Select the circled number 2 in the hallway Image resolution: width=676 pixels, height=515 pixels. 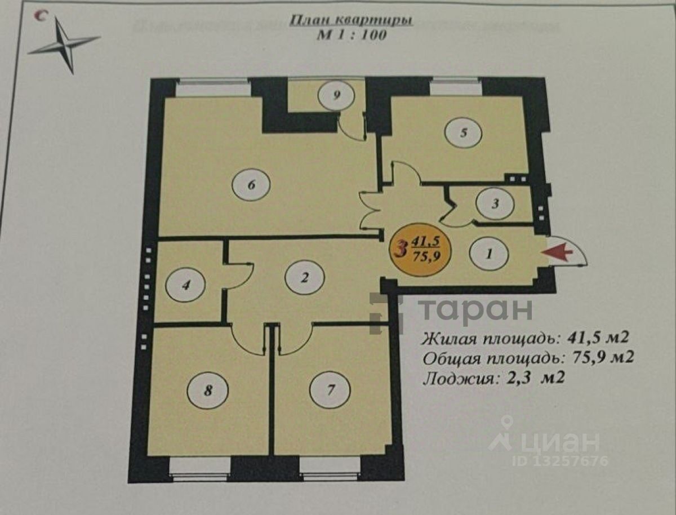305,277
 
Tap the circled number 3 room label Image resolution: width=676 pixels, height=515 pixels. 495,204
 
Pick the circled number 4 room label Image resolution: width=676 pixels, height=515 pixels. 185,286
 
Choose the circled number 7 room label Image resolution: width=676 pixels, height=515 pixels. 331,389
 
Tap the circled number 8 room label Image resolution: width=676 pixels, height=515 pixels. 208,390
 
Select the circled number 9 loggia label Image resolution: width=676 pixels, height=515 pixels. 336,95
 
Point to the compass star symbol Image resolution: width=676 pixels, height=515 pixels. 65,45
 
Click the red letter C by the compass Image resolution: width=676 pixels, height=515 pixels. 40,16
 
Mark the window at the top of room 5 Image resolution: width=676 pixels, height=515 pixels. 456,88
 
